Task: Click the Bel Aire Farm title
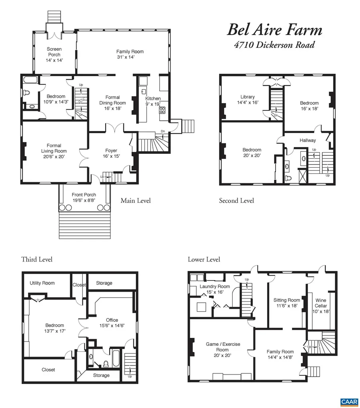coord(274,30)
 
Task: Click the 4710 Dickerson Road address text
coord(274,45)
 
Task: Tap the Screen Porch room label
coord(54,55)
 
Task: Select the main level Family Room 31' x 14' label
coord(130,54)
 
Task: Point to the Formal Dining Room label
coord(112,103)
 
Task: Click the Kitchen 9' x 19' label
coord(153,101)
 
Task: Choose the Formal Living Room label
coord(54,151)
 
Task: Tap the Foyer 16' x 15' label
coord(111,153)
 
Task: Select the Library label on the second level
coord(247,100)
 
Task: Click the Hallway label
coord(307,140)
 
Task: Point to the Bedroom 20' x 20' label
coord(252,153)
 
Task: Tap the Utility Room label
coord(42,283)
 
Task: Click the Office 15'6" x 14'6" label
coord(112,322)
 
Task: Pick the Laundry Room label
coord(215,289)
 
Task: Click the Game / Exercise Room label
coord(223,349)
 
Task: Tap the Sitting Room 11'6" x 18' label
coord(286,303)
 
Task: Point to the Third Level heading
coord(37,259)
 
